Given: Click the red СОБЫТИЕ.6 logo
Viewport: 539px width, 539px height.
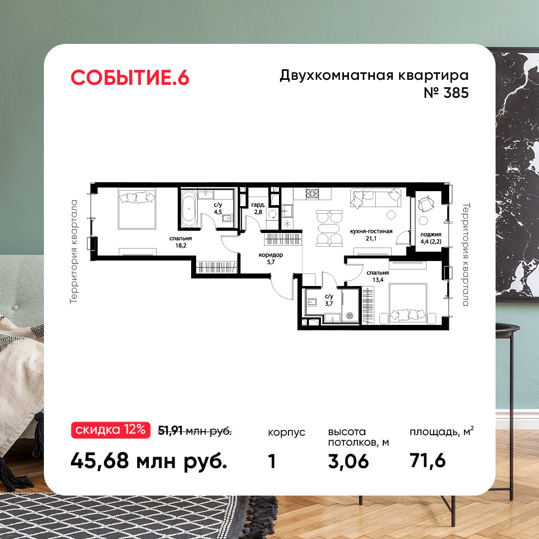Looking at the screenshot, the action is (130, 77).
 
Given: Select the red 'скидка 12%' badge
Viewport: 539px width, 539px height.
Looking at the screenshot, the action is (110, 430).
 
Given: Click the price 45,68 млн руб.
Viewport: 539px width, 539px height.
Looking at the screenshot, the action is (149, 461).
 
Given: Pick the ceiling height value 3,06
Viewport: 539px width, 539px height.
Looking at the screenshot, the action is (348, 461).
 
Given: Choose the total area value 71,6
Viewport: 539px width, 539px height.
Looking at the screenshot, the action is (427, 460).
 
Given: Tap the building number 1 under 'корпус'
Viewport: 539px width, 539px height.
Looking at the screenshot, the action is (272, 461).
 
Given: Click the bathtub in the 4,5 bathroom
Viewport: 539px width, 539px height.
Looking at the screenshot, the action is (189, 209).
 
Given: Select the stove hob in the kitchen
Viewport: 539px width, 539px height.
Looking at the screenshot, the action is (312, 194).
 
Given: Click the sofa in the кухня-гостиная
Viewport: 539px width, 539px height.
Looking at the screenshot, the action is (376, 198).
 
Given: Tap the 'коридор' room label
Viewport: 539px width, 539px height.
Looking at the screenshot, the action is (271, 255).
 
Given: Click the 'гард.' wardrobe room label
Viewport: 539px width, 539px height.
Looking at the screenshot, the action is (258, 205).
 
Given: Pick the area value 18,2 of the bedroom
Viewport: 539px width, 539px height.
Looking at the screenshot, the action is (181, 246).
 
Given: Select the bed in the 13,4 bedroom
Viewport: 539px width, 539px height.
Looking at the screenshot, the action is (408, 304).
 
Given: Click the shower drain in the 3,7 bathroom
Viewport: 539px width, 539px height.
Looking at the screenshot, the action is (349, 315).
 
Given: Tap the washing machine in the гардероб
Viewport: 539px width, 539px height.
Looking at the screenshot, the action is (272, 214).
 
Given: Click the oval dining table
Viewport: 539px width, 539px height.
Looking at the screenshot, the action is (329, 228).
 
